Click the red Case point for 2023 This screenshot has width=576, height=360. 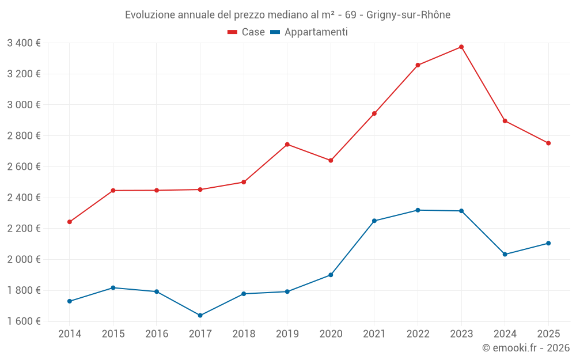pyautogui.click(x=461, y=47)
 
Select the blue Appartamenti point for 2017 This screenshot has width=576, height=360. pyautogui.click(x=200, y=315)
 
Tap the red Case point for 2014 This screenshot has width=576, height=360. pyautogui.click(x=70, y=222)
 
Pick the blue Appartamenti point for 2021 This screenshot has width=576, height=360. pyautogui.click(x=374, y=221)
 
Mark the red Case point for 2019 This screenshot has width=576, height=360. pyautogui.click(x=287, y=144)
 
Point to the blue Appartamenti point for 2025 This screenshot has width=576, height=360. pyautogui.click(x=548, y=243)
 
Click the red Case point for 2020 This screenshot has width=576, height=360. pyautogui.click(x=331, y=160)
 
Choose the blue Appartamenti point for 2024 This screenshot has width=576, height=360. pyautogui.click(x=505, y=254)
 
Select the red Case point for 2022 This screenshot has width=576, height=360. pyautogui.click(x=418, y=65)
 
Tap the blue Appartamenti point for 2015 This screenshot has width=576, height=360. pyautogui.click(x=113, y=287)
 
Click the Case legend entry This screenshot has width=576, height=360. pyautogui.click(x=247, y=32)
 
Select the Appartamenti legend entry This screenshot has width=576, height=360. pyautogui.click(x=309, y=32)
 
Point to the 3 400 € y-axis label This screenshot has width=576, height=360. pyautogui.click(x=24, y=43)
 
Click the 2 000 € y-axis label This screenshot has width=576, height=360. pyautogui.click(x=24, y=259)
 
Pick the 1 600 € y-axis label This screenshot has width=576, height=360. pyautogui.click(x=24, y=321)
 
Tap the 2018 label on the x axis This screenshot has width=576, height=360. pyautogui.click(x=244, y=334)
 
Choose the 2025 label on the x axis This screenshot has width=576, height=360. pyautogui.click(x=548, y=334)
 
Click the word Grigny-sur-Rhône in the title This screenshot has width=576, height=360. pyautogui.click(x=408, y=14)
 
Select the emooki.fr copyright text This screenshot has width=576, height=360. pyautogui.click(x=525, y=348)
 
